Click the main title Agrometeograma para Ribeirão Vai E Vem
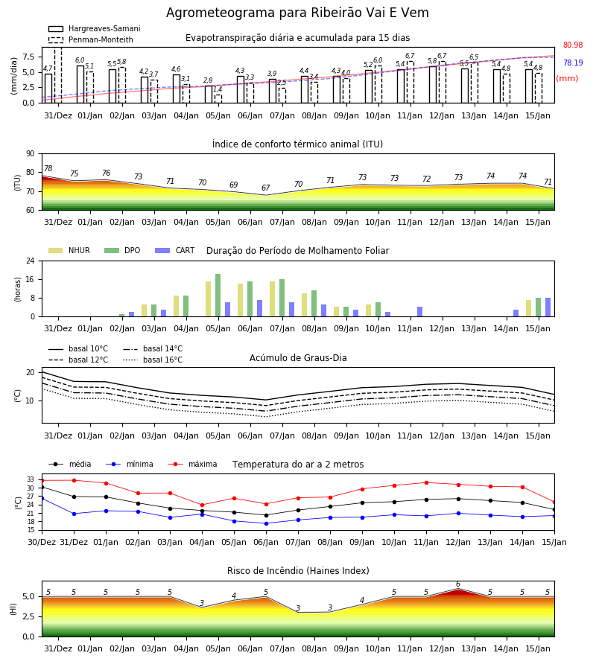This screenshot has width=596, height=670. click(x=297, y=13)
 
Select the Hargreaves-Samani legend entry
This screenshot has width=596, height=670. click(x=94, y=28)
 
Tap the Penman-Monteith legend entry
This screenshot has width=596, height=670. click(x=91, y=39)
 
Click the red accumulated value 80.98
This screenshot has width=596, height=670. click(x=573, y=45)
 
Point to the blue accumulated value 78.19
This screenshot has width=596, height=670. click(x=573, y=63)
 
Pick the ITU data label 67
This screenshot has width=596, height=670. click(x=265, y=188)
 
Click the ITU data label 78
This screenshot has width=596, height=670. click(x=48, y=168)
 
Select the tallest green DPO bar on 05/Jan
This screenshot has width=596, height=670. click(x=218, y=296)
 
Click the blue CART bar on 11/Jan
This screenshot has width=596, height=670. click(x=420, y=311)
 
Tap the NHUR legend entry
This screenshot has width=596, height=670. click(x=69, y=250)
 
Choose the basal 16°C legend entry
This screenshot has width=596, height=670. click(x=153, y=360)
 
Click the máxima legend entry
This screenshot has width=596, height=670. click(x=192, y=464)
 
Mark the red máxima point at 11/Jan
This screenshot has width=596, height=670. click(x=426, y=482)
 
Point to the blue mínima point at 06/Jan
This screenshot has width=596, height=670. click(x=267, y=523)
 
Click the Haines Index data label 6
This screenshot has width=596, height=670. click(x=458, y=584)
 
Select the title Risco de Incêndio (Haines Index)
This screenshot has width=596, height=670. click(x=298, y=570)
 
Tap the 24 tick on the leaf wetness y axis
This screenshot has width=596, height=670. click(x=31, y=261)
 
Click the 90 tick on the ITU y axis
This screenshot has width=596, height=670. click(x=31, y=154)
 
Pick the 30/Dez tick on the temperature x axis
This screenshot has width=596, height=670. click(x=42, y=542)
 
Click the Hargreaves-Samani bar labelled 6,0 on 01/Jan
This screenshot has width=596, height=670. click(x=80, y=84)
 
